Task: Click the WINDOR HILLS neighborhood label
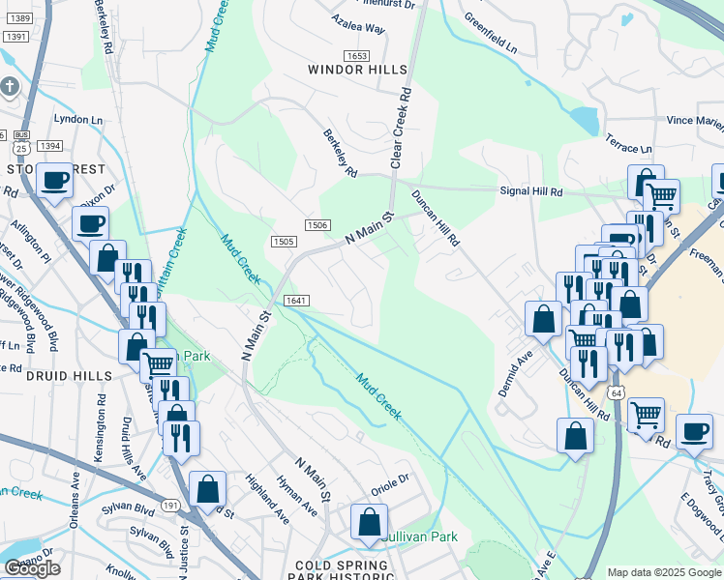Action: [x=352, y=70]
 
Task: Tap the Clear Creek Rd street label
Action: [x=401, y=129]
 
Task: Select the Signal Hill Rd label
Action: [x=530, y=191]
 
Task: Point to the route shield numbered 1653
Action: [x=357, y=56]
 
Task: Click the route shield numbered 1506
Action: [x=317, y=224]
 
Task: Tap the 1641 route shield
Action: [x=296, y=301]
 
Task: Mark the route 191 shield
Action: [x=170, y=506]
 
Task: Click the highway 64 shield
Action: [x=616, y=393]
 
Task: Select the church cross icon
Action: [x=10, y=88]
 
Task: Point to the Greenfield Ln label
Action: [x=490, y=33]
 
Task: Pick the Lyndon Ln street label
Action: [x=78, y=119]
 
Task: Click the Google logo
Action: [x=32, y=568]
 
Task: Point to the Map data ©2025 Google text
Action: [x=664, y=572]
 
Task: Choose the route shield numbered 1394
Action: [x=50, y=146]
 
